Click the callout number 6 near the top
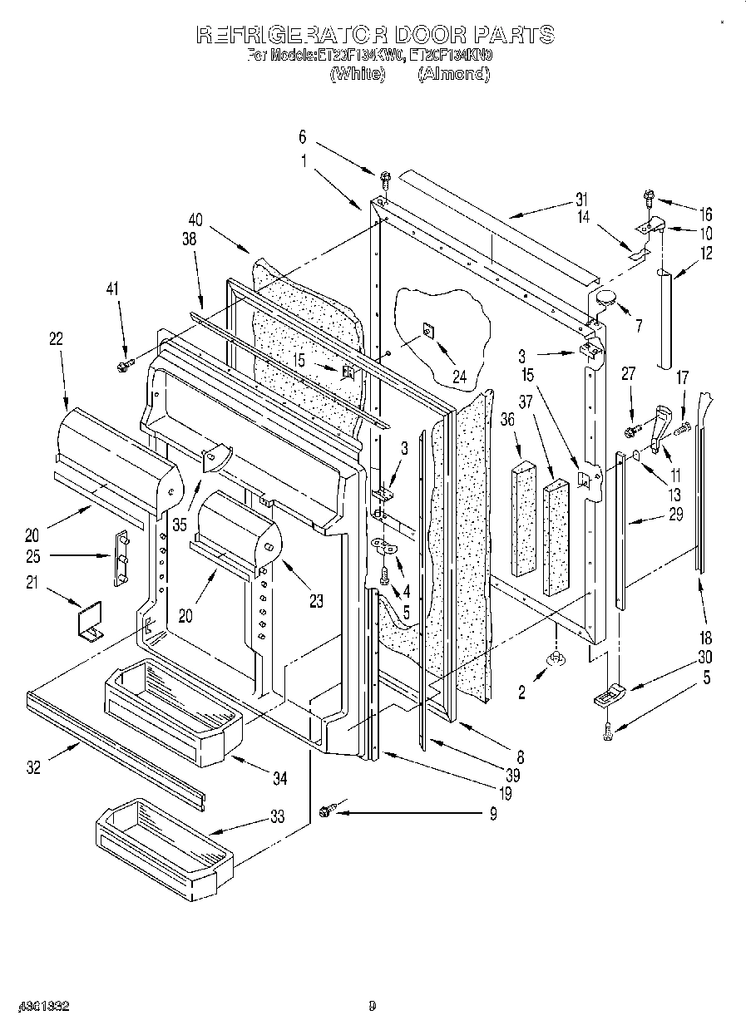coord(303,136)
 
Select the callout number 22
coord(56,338)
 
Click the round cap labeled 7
coord(605,298)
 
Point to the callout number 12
coord(706,254)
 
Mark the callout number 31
coord(580,199)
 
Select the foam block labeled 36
coord(524,516)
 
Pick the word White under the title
coord(358,74)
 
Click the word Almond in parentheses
coord(452,74)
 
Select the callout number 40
coord(195,219)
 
